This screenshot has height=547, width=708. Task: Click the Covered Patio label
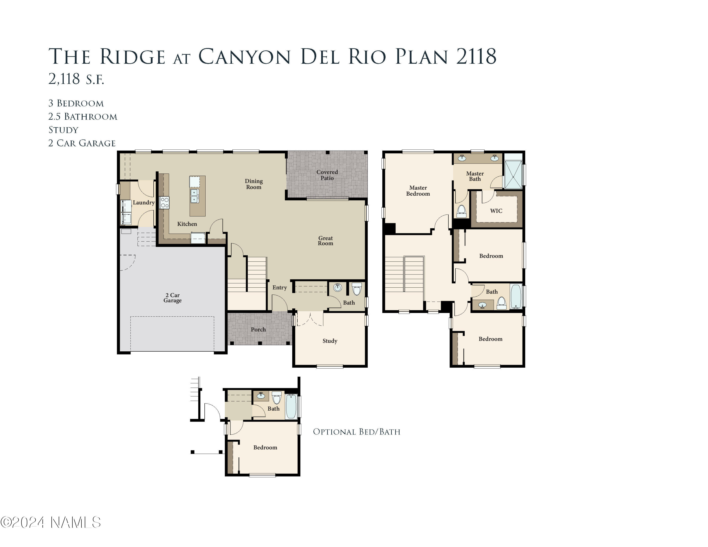pyautogui.click(x=327, y=175)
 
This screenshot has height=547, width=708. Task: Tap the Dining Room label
pyautogui.click(x=253, y=184)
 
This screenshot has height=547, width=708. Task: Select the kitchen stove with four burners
pyautogui.click(x=164, y=202)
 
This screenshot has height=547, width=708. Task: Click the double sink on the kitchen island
pyautogui.click(x=194, y=196)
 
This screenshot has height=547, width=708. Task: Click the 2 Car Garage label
pyautogui.click(x=173, y=298)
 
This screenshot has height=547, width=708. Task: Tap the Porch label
pyautogui.click(x=258, y=329)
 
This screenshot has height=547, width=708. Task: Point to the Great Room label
pyautogui.click(x=325, y=240)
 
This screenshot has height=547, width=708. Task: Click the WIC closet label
pyautogui.click(x=496, y=211)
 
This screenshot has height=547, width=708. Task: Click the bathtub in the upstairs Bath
pyautogui.click(x=516, y=296)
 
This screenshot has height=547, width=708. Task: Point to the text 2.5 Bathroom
pyautogui.click(x=83, y=116)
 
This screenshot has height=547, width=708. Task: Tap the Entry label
pyautogui.click(x=279, y=287)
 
